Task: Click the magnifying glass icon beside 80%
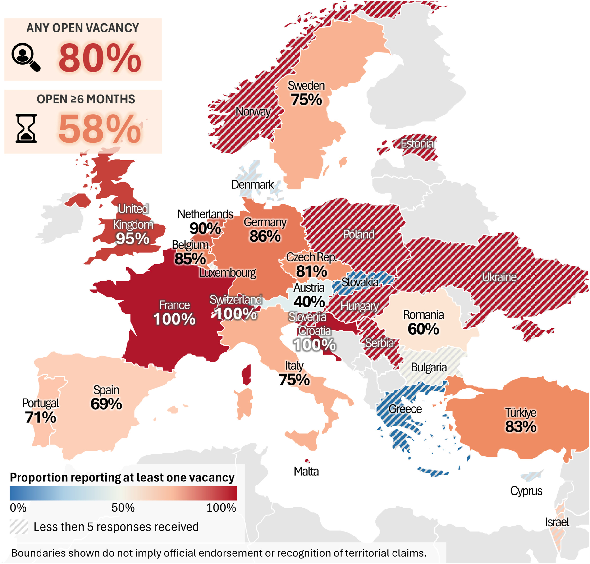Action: pos(26,57)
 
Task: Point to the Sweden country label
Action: pos(306,86)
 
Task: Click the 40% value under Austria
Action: pos(309,302)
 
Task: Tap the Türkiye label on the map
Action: pos(520,413)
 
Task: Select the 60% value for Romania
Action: pos(423,329)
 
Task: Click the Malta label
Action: pos(306,471)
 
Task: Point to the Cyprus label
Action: pos(526,491)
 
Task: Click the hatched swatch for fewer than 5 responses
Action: pos(19,527)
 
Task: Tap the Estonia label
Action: pos(417,144)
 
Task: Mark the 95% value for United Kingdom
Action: pos(132,238)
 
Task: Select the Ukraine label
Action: pos(499,277)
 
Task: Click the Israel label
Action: pos(557,522)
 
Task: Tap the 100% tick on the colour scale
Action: pos(221,508)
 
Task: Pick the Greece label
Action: pos(405,409)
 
